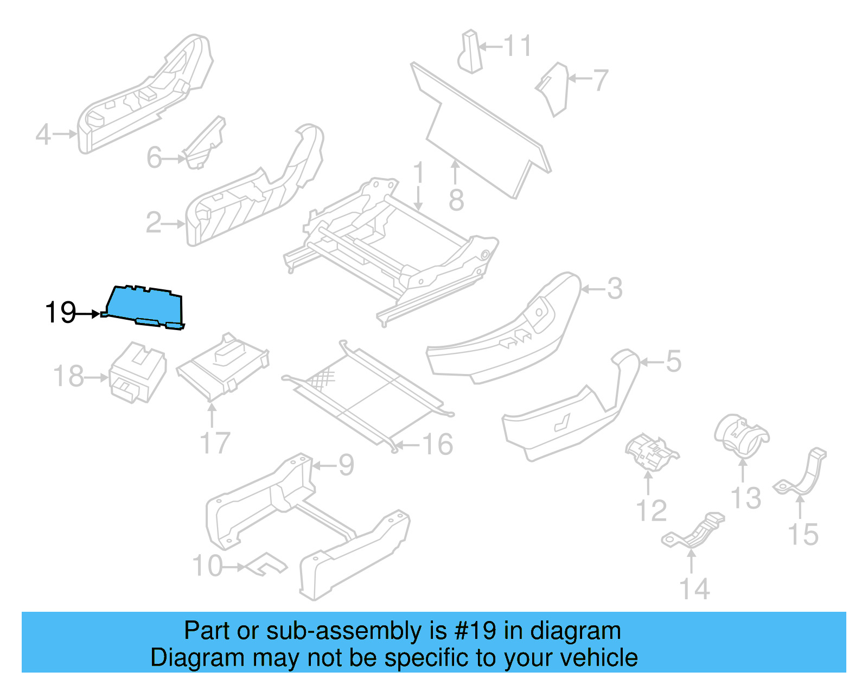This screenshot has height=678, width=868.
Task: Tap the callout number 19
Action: coord(60,313)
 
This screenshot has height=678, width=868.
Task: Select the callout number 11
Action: coord(518,46)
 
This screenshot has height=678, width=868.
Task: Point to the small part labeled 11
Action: coord(470,52)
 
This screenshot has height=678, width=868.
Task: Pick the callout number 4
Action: coord(43,134)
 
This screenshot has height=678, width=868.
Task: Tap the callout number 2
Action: coord(154,223)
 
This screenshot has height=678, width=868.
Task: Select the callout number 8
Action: coord(456,200)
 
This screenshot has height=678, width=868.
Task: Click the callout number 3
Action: coord(614,289)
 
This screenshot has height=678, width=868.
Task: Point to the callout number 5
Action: coord(673,362)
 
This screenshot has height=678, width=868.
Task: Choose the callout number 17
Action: coord(215,443)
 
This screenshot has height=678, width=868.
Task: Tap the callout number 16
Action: coord(438,445)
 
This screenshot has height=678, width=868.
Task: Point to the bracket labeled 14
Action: coord(694,531)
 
